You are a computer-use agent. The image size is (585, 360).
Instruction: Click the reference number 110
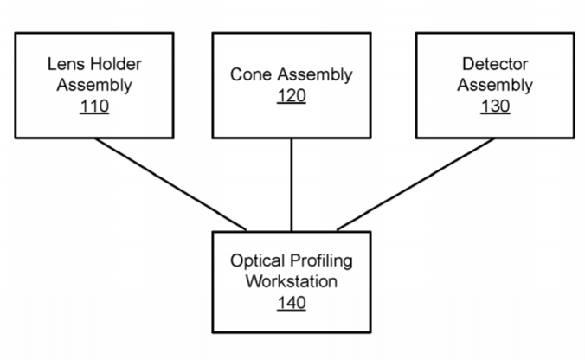pos(94,106)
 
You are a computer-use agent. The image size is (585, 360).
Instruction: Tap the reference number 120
pos(292,96)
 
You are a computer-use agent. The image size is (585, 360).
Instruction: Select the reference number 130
pos(495,106)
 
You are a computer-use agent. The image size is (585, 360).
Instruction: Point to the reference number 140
pos(292,303)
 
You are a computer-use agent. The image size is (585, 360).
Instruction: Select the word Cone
pos(251,74)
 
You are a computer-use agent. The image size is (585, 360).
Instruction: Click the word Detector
pos(495,64)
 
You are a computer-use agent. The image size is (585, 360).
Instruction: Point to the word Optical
pos(257,260)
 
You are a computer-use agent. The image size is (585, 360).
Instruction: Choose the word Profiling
pos(321,260)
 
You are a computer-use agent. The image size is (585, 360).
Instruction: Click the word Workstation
pos(292,281)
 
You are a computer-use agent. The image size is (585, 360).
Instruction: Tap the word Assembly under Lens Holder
pos(94,86)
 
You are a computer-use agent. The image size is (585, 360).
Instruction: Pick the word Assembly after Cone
pos(315,75)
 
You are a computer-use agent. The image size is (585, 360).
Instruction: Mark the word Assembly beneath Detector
pos(495,86)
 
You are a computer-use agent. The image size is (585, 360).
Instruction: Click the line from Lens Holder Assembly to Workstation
pos(170,184)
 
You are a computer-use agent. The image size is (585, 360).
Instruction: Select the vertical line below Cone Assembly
pos(292,185)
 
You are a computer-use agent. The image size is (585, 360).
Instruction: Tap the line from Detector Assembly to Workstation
pos(415,184)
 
